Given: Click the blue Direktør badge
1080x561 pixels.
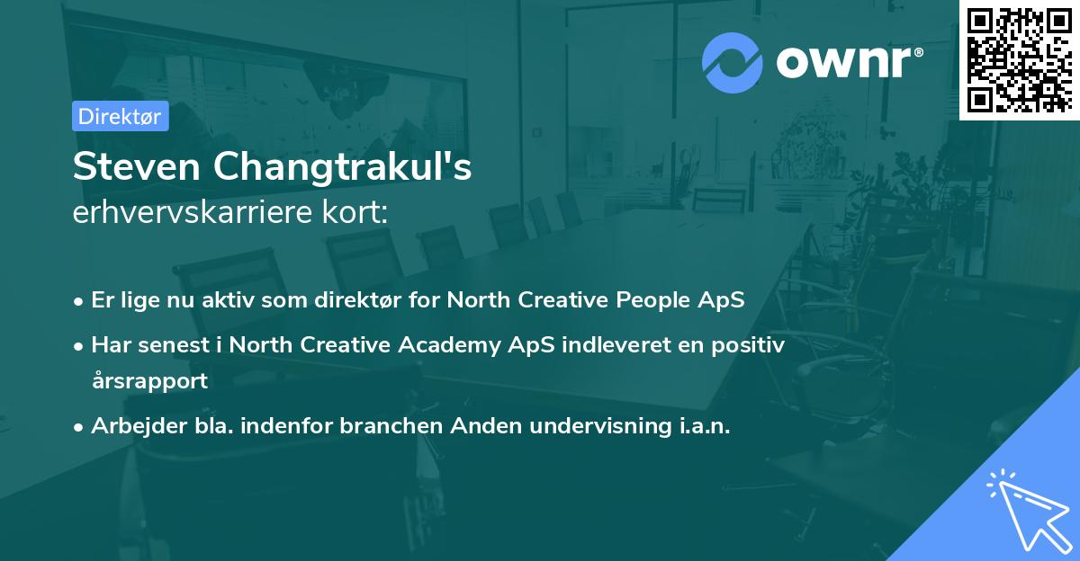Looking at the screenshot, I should (120, 116).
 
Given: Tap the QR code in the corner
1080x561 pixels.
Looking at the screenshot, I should (1019, 59).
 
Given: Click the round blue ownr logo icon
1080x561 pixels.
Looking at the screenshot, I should (732, 62).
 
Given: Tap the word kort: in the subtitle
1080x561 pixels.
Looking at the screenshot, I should (357, 213).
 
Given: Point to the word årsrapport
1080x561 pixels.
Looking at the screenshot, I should (149, 380).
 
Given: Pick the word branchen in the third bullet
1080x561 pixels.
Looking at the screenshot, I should (382, 426).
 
